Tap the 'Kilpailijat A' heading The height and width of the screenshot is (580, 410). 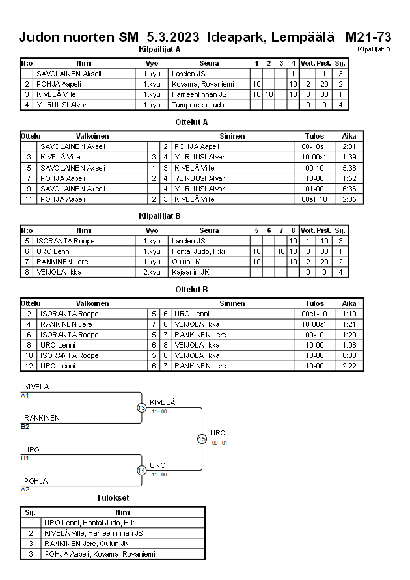coord(159,49)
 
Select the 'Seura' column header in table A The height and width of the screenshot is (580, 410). coord(209,63)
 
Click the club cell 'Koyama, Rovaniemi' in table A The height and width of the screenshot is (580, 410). coord(202,84)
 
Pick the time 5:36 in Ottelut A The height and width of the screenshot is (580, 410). coord(349,167)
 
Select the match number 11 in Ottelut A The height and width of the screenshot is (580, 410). coord(29,199)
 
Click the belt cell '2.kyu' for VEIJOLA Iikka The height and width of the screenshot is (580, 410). coord(152,272)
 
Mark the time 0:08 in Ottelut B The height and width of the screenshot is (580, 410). coord(349,355)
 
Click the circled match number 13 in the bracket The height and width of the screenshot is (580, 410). coord(141,407)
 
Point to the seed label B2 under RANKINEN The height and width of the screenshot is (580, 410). coord(25,426)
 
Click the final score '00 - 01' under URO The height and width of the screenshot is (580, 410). coord(219,443)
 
